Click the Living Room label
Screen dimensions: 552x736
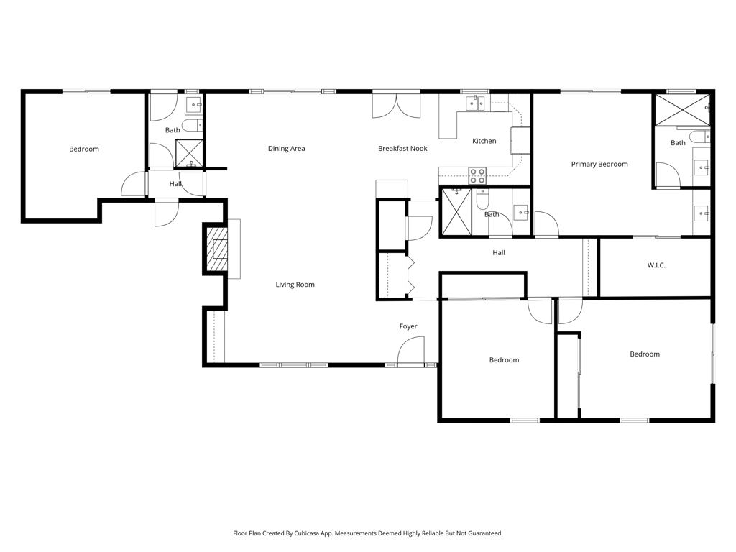295,285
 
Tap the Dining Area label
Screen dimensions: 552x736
286,149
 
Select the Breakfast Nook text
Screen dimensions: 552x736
402,149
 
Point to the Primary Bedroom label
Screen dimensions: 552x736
599,165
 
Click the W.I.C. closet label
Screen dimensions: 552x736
655,265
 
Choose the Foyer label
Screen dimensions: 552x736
408,326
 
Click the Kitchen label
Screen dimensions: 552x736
484,141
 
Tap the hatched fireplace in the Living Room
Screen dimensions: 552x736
216,249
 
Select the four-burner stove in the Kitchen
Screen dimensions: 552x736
478,175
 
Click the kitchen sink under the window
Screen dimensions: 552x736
475,103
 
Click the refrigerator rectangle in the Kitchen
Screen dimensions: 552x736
520,140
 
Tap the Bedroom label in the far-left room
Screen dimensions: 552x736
84,149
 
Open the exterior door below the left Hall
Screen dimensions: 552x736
167,213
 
